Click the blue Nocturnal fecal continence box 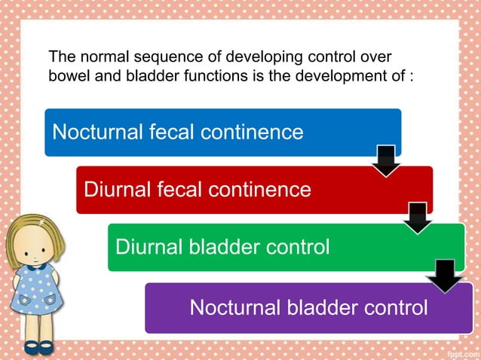coord(222,133)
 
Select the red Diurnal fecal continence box coord(254,189)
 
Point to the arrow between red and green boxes coord(418,218)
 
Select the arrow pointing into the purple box coord(446,275)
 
